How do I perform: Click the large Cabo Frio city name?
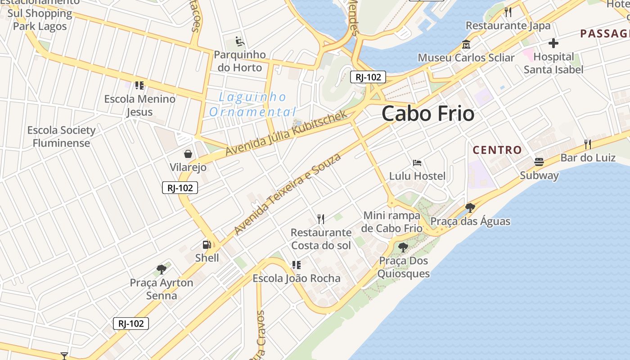[428, 114]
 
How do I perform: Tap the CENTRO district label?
[497, 150]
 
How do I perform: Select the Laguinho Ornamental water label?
[252, 104]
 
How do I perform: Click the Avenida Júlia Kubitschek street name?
[287, 133]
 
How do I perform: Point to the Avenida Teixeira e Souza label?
[288, 194]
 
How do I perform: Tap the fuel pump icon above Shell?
[207, 245]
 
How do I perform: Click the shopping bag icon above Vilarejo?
[188, 154]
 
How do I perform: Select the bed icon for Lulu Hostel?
[417, 162]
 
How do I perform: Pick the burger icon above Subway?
[539, 162]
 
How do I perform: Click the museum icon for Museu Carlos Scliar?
[466, 45]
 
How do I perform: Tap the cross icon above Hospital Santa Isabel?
[553, 43]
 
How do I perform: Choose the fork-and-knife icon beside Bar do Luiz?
[587, 144]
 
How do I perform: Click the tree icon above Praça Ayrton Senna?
[162, 270]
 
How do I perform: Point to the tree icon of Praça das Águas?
[470, 207]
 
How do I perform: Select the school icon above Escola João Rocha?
[296, 265]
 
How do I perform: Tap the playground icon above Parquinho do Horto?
[239, 42]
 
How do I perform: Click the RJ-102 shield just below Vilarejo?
[180, 188]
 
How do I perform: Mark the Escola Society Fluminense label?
[61, 137]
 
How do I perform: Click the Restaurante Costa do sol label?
[321, 239]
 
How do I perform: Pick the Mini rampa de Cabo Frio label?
[391, 222]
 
